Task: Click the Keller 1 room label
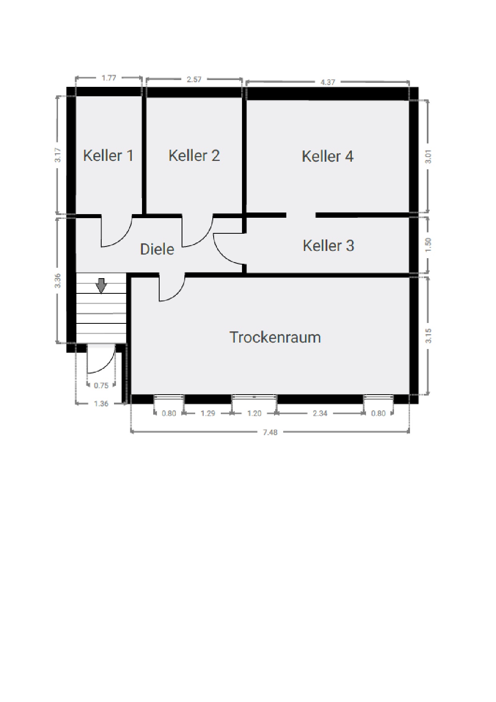(108, 155)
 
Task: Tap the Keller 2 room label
(194, 155)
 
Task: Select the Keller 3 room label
(328, 245)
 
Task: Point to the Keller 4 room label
(328, 156)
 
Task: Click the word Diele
(157, 249)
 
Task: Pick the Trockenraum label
(275, 337)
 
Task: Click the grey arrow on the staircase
(102, 285)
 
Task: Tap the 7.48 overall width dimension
(270, 432)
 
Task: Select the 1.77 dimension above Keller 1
(109, 78)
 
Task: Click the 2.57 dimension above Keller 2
(194, 79)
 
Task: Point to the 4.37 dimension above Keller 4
(328, 82)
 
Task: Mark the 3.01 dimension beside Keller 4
(428, 156)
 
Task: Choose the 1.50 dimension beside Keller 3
(428, 245)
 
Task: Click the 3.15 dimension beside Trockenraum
(428, 336)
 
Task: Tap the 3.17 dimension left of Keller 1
(58, 155)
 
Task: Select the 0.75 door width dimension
(101, 386)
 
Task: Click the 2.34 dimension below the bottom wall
(320, 413)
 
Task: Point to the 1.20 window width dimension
(254, 413)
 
